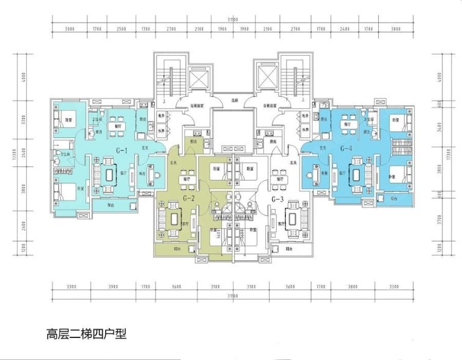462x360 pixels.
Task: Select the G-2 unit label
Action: pyautogui.click(x=189, y=199)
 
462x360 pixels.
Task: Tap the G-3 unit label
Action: pyautogui.click(x=279, y=199)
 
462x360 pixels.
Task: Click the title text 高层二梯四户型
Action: pyautogui.click(x=86, y=334)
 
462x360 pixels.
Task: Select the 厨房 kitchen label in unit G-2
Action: pyautogui.click(x=194, y=141)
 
